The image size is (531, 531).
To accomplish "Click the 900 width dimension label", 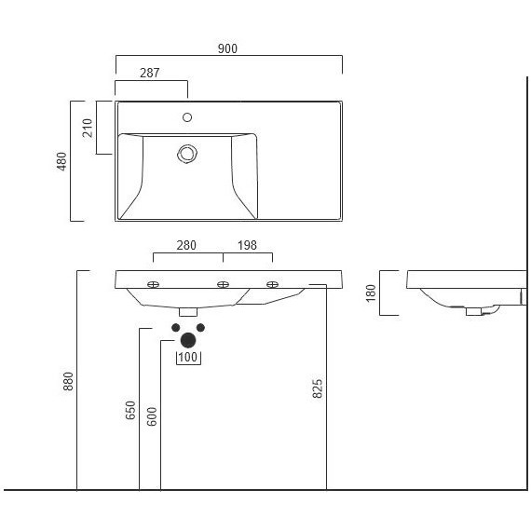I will click(228, 48).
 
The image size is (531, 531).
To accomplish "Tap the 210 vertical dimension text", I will click(87, 127).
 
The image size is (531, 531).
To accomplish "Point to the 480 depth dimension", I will click(63, 161).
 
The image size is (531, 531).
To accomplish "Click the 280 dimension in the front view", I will click(187, 246).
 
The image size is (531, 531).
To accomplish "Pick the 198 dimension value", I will click(247, 246).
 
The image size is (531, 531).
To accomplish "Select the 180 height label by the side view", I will click(370, 293).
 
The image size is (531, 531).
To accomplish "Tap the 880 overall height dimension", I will click(68, 381).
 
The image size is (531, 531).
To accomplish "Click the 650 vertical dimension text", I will click(130, 409).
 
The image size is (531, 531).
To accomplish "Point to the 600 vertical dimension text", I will click(153, 415).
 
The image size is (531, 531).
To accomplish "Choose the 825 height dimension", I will click(318, 388).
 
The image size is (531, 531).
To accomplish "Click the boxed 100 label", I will click(189, 358).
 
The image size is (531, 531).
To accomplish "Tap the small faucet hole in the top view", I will click(187, 117).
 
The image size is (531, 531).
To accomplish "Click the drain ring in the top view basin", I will click(188, 152).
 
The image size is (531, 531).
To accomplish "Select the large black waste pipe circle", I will click(188, 340).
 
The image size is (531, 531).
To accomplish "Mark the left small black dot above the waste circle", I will click(176, 327).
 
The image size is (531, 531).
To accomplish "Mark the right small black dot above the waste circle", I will click(200, 327).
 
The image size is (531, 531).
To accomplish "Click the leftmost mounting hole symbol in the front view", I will click(155, 284).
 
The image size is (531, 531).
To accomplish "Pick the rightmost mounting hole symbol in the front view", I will click(272, 284).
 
